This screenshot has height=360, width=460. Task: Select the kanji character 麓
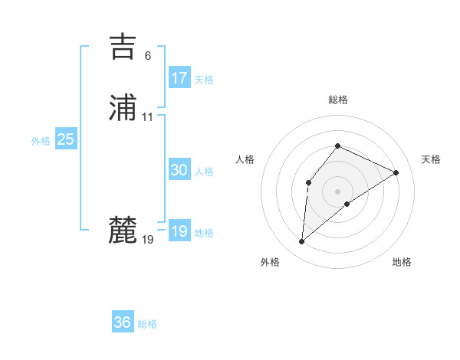pyautogui.click(x=123, y=231)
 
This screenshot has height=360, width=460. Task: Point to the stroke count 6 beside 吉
pyautogui.click(x=148, y=56)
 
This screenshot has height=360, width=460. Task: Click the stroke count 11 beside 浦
pyautogui.click(x=148, y=117)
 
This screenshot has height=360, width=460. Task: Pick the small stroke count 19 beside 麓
pyautogui.click(x=148, y=240)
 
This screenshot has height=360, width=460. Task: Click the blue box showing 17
pyautogui.click(x=179, y=77)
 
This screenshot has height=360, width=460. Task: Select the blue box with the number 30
pyautogui.click(x=179, y=170)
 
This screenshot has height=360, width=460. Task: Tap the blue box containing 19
pyautogui.click(x=179, y=231)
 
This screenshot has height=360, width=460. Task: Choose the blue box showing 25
pyautogui.click(x=66, y=139)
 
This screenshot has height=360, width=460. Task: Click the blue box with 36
pyautogui.click(x=123, y=322)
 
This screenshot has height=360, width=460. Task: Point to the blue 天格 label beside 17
pyautogui.click(x=204, y=79)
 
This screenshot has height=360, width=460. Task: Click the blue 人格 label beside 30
pyautogui.click(x=204, y=172)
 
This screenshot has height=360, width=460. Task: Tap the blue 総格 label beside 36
pyautogui.click(x=147, y=324)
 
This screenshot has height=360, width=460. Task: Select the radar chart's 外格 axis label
pyautogui.click(x=270, y=262)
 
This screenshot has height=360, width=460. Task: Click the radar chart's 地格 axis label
pyautogui.click(x=402, y=262)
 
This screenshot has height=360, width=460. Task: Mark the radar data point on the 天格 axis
pyautogui.click(x=396, y=172)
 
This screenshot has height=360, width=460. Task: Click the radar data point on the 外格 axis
pyautogui.click(x=302, y=242)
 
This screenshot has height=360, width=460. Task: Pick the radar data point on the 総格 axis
pyautogui.click(x=337, y=146)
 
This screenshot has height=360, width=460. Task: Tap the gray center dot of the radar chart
pyautogui.click(x=337, y=191)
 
